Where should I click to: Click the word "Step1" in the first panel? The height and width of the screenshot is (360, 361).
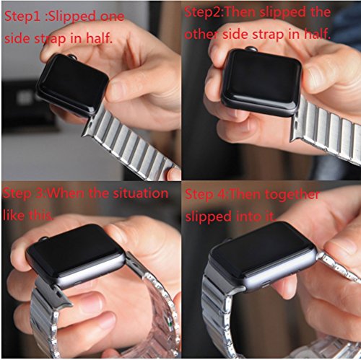(22, 17)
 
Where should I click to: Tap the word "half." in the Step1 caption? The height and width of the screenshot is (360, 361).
(100, 38)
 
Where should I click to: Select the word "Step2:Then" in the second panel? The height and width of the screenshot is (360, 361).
(220, 12)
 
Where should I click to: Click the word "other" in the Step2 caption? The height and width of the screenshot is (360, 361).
(201, 35)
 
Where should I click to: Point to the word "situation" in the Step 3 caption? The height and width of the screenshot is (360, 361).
(141, 193)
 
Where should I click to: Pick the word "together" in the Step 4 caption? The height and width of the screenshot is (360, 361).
(292, 195)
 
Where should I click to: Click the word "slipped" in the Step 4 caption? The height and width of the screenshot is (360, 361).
(208, 216)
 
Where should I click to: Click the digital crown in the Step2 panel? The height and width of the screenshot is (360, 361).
(252, 49)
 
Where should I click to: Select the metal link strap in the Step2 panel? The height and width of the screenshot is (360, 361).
(327, 130)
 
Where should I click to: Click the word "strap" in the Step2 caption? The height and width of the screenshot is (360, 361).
(268, 35)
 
